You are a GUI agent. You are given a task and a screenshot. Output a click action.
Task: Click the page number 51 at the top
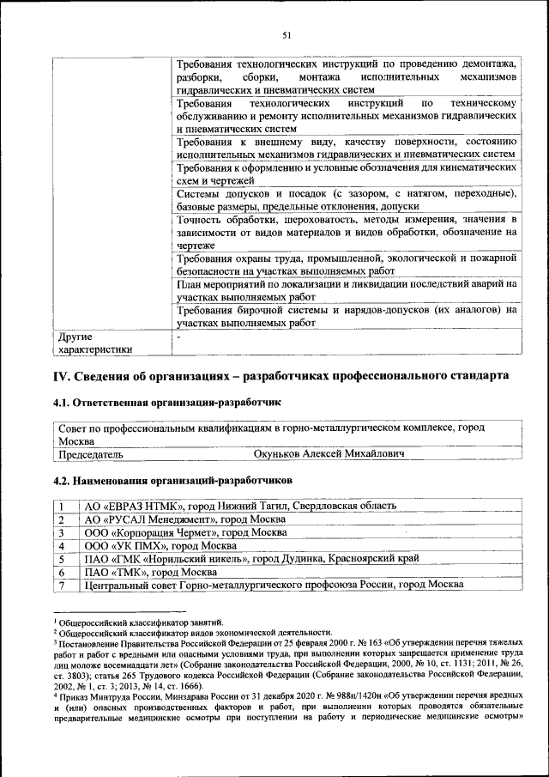pos(287,34)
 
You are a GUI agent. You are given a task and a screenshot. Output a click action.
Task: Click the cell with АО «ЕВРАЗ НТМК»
pos(240,507)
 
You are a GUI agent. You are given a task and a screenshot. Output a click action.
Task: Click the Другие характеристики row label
pos(94,343)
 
